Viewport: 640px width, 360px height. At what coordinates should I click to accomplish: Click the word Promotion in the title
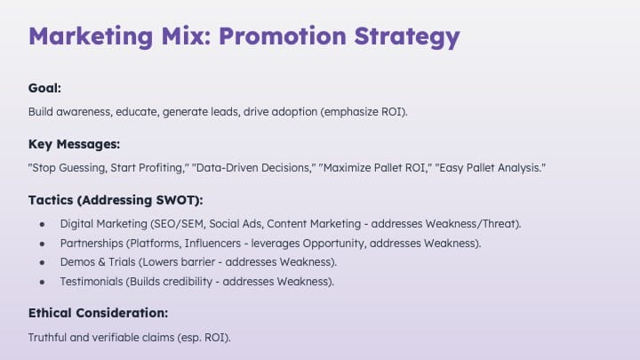click(x=283, y=36)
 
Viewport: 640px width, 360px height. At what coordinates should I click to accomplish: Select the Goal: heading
click(x=44, y=88)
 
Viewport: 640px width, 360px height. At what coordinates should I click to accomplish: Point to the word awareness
click(x=84, y=112)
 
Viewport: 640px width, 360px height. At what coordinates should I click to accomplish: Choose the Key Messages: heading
click(x=74, y=144)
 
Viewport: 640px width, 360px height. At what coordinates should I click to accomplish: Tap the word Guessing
click(x=82, y=168)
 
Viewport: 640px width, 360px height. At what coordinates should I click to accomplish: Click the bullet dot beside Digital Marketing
click(x=42, y=224)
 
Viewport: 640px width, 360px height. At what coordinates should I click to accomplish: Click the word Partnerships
click(x=92, y=244)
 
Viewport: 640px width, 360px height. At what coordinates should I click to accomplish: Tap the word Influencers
click(x=212, y=244)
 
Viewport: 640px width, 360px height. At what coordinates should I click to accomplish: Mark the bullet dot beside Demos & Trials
click(x=42, y=262)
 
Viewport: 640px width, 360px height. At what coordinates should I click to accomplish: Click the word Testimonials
click(x=92, y=282)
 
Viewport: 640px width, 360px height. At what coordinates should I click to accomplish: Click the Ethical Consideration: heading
click(x=98, y=313)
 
